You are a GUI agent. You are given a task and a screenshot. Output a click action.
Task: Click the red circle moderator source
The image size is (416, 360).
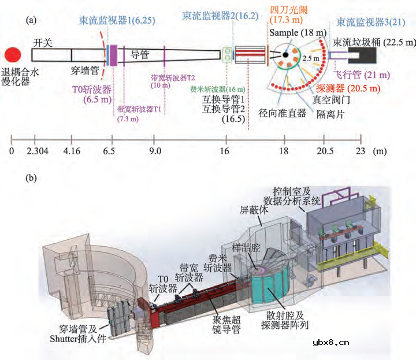(13, 55)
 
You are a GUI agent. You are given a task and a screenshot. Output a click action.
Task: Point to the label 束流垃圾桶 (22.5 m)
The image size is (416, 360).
(373, 42)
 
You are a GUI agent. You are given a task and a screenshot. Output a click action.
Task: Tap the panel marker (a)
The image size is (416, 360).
(32, 20)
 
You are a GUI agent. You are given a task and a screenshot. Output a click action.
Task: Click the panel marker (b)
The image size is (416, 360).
(32, 179)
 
